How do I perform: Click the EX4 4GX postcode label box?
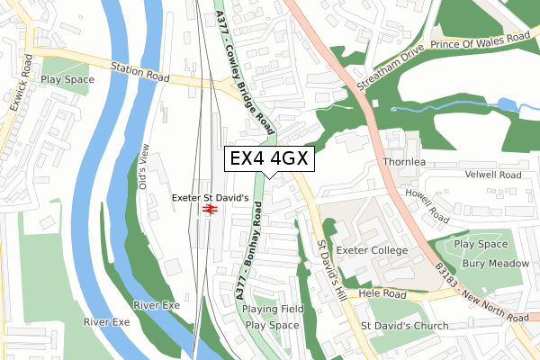pyautogui.click(x=269, y=158)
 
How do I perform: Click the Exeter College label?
pyautogui.click(x=372, y=249)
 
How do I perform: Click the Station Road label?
pyautogui.click(x=140, y=72)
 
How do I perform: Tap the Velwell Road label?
pyautogui.click(x=492, y=175)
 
